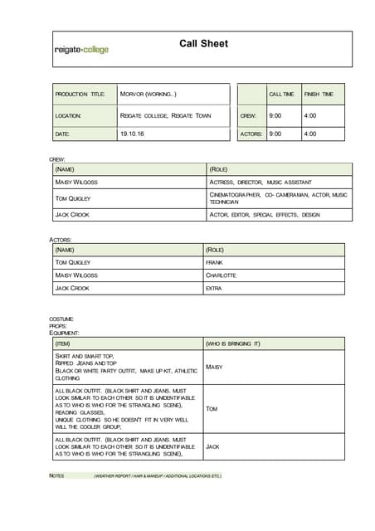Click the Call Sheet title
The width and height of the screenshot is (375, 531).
[x=203, y=44]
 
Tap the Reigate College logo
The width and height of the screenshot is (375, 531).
[x=81, y=50]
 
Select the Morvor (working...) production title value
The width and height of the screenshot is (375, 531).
[x=149, y=95]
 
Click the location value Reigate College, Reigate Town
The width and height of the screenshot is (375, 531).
[x=166, y=116]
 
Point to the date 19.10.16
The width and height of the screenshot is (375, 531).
[x=132, y=134]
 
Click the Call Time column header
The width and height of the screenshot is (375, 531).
[x=281, y=95]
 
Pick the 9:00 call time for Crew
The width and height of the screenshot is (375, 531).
[x=275, y=116]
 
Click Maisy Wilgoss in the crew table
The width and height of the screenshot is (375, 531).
[x=76, y=182]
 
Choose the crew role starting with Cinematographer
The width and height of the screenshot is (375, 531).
[x=278, y=198]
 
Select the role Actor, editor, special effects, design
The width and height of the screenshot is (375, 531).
[x=265, y=214]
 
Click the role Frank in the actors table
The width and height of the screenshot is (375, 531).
[x=214, y=262]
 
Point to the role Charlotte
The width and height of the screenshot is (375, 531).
[x=221, y=275]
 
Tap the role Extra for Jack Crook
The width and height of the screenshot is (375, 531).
[x=214, y=288]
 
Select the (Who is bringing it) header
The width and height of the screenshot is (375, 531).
[x=233, y=343]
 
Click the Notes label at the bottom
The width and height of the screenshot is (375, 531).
[x=56, y=476]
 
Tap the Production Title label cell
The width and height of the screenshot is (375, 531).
[x=80, y=95]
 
